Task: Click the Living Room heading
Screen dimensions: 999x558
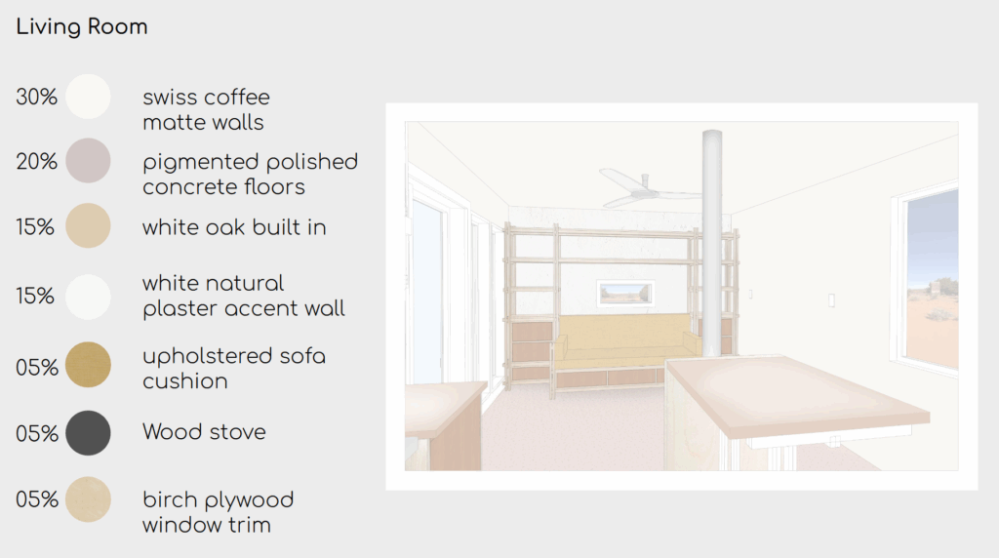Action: [x=82, y=26]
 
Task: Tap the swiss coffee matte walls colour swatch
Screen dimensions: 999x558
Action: [x=88, y=97]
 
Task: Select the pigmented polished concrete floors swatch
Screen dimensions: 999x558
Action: [x=88, y=161]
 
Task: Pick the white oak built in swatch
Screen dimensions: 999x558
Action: [x=88, y=225]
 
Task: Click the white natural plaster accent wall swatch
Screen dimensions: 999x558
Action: [x=88, y=297]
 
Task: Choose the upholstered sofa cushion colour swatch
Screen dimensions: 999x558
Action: [x=88, y=365]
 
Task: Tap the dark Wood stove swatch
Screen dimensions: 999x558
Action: [x=88, y=432]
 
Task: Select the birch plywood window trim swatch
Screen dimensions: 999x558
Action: [x=88, y=499]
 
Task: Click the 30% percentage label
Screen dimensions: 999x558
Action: [x=36, y=97]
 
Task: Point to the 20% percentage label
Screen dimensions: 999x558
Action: [x=36, y=161]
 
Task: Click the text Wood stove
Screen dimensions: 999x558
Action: [x=204, y=432]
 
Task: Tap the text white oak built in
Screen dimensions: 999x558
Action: [x=234, y=227]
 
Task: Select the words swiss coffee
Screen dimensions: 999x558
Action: [x=206, y=97]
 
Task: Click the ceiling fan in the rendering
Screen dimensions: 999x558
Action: [x=648, y=188]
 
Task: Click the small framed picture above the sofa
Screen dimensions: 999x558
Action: [x=626, y=294]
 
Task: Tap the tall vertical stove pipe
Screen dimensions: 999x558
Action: [x=711, y=242]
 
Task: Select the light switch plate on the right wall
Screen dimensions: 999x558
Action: [x=831, y=300]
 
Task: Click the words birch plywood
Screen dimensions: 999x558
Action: [x=218, y=500]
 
